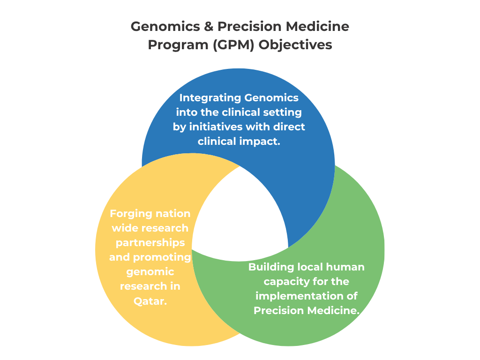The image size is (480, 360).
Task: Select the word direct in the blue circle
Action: pos(289,127)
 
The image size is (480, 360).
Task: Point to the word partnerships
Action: pos(150,243)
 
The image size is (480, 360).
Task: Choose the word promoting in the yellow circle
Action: pos(163,257)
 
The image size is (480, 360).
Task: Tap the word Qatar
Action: pos(150,301)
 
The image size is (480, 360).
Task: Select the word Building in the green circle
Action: pos(271,267)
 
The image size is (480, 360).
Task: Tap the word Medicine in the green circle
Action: pos(333,310)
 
